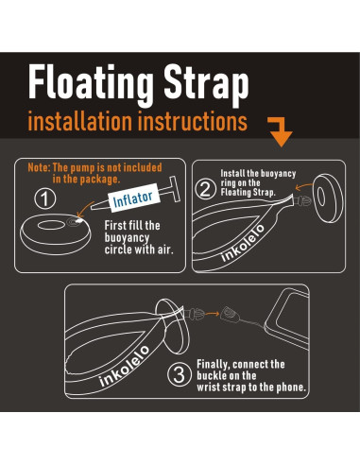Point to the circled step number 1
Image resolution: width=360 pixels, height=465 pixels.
pos(43,199)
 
